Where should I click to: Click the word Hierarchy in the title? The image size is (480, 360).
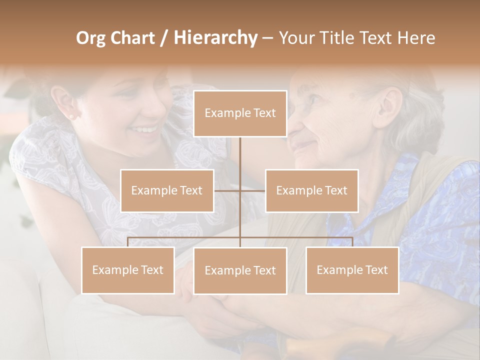(x=215, y=38)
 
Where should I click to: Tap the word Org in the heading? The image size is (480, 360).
(x=90, y=38)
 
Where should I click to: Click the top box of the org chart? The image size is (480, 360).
(x=240, y=113)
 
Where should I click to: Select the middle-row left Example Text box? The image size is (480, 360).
(x=167, y=190)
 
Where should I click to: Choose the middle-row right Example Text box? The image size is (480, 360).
(x=311, y=190)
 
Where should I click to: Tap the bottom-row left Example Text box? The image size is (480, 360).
(x=127, y=270)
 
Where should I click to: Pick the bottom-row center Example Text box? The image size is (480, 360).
(x=240, y=270)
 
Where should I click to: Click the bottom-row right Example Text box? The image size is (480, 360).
(x=352, y=270)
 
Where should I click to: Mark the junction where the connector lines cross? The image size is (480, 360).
(x=240, y=190)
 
